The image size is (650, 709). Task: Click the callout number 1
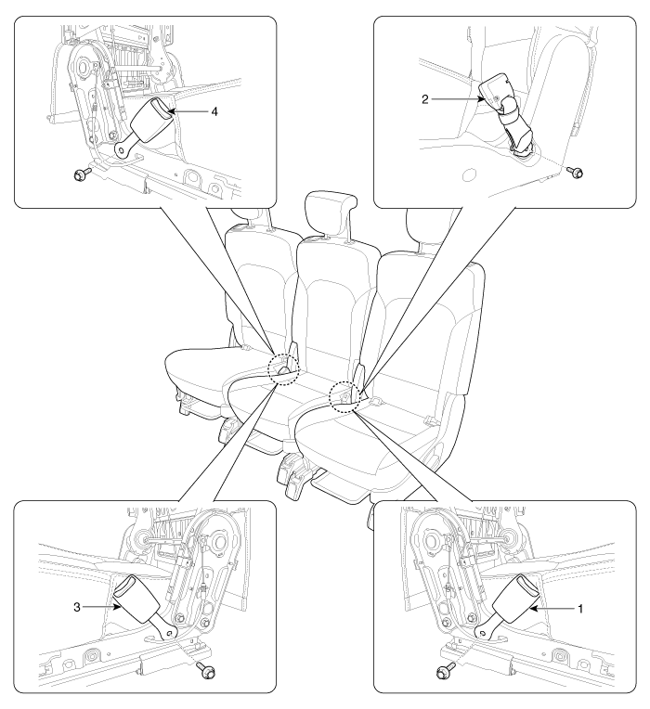tap(580, 609)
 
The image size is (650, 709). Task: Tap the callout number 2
tap(424, 99)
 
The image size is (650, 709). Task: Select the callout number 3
tap(77, 607)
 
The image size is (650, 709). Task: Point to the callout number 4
tap(214, 111)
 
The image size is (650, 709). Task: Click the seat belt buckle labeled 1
tap(506, 606)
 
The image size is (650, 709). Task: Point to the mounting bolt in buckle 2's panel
tap(576, 172)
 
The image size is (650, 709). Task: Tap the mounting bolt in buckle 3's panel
tap(206, 670)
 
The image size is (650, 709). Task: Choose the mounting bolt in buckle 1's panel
tap(446, 671)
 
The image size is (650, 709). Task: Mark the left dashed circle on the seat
tap(283, 369)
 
